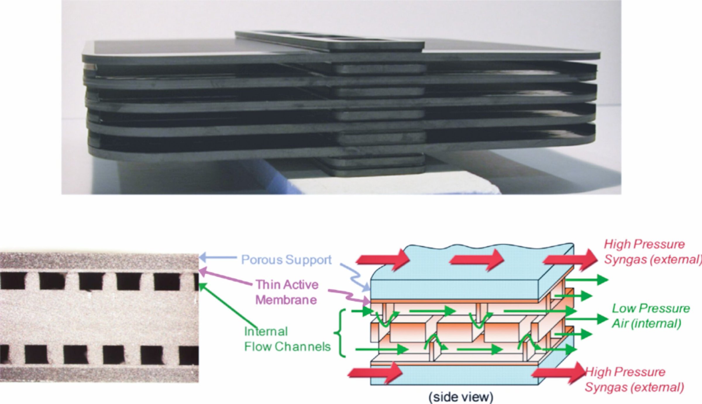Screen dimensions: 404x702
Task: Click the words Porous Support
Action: [x=286, y=260]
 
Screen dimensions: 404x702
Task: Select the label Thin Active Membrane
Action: [x=286, y=292]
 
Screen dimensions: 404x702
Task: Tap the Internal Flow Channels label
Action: [x=287, y=339]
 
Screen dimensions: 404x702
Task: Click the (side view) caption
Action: [x=461, y=397]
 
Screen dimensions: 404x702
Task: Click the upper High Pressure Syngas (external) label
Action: [x=652, y=252]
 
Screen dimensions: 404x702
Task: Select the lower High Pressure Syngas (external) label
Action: [x=634, y=379]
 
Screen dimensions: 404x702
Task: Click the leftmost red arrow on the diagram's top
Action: [x=383, y=259]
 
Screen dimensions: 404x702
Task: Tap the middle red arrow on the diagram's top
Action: [x=477, y=259]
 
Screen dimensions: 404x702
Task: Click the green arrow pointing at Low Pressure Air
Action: [x=585, y=319]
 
